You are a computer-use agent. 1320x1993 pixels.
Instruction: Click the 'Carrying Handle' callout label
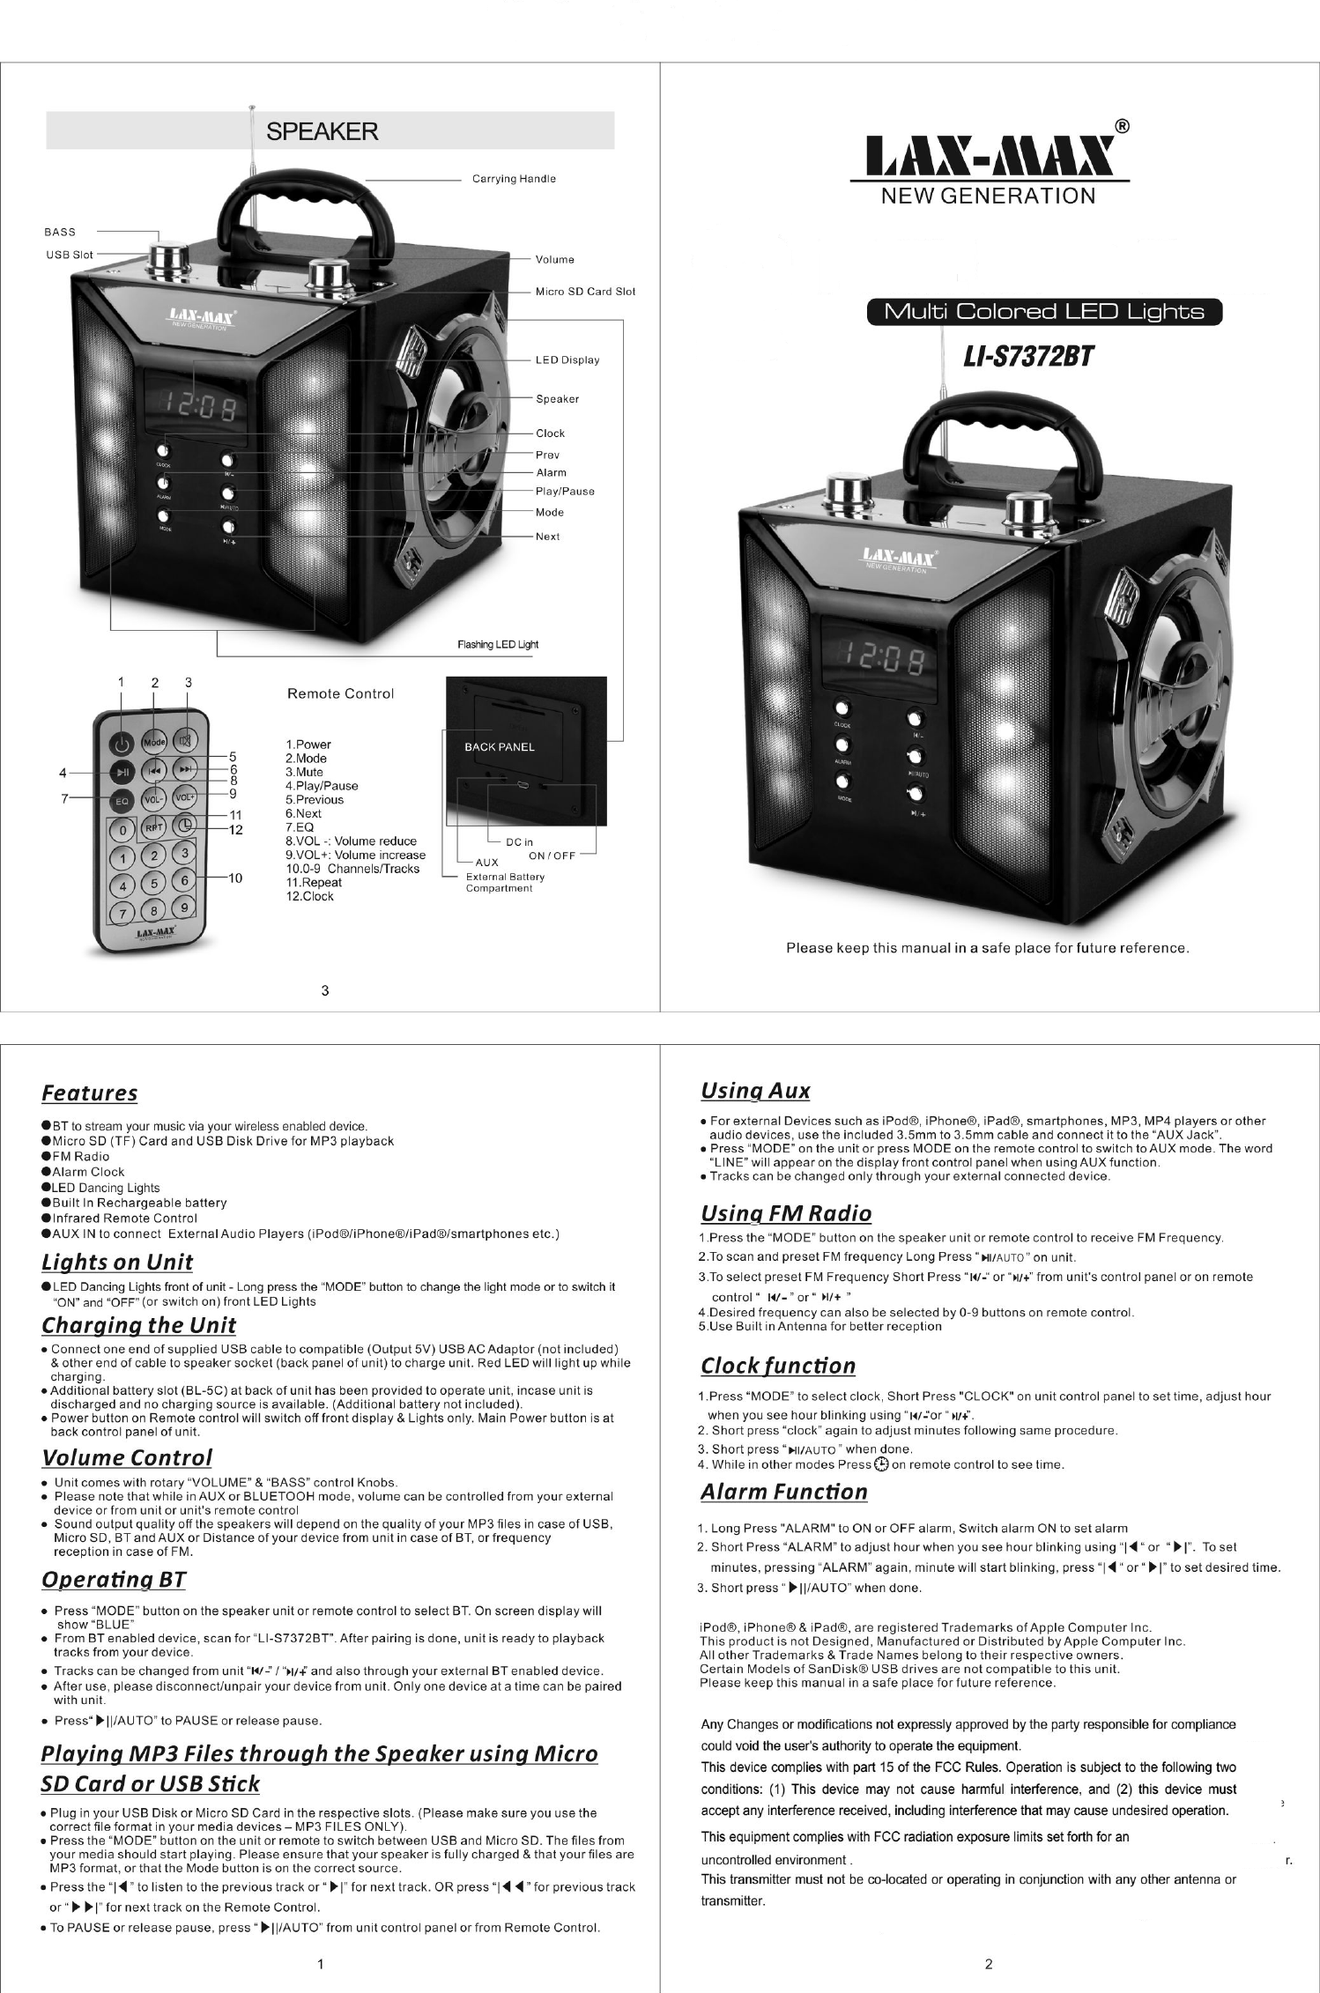514,179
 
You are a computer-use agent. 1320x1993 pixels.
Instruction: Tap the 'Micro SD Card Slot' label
585,292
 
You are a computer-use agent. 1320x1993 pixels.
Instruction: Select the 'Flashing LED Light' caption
498,644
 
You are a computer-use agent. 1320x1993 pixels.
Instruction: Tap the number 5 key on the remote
154,883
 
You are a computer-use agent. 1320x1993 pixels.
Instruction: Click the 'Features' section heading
90,1093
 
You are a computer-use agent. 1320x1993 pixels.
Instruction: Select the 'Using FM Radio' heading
786,1213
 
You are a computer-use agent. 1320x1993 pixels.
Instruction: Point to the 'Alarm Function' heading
783,1492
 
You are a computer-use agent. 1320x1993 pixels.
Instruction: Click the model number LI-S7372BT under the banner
1028,357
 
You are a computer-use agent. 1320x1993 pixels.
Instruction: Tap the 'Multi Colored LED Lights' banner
1044,312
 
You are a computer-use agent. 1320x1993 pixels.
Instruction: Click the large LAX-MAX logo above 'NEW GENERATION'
989,158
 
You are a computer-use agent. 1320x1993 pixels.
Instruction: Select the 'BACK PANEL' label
500,747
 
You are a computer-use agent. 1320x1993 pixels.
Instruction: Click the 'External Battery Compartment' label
505,882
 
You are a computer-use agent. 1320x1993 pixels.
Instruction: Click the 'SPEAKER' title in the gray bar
323,131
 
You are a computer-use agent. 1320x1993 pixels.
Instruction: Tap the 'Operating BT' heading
114,1580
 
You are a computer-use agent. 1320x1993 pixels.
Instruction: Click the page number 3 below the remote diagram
325,990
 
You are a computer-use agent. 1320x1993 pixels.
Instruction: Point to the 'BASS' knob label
60,232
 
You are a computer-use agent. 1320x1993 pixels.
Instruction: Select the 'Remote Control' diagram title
340,693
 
